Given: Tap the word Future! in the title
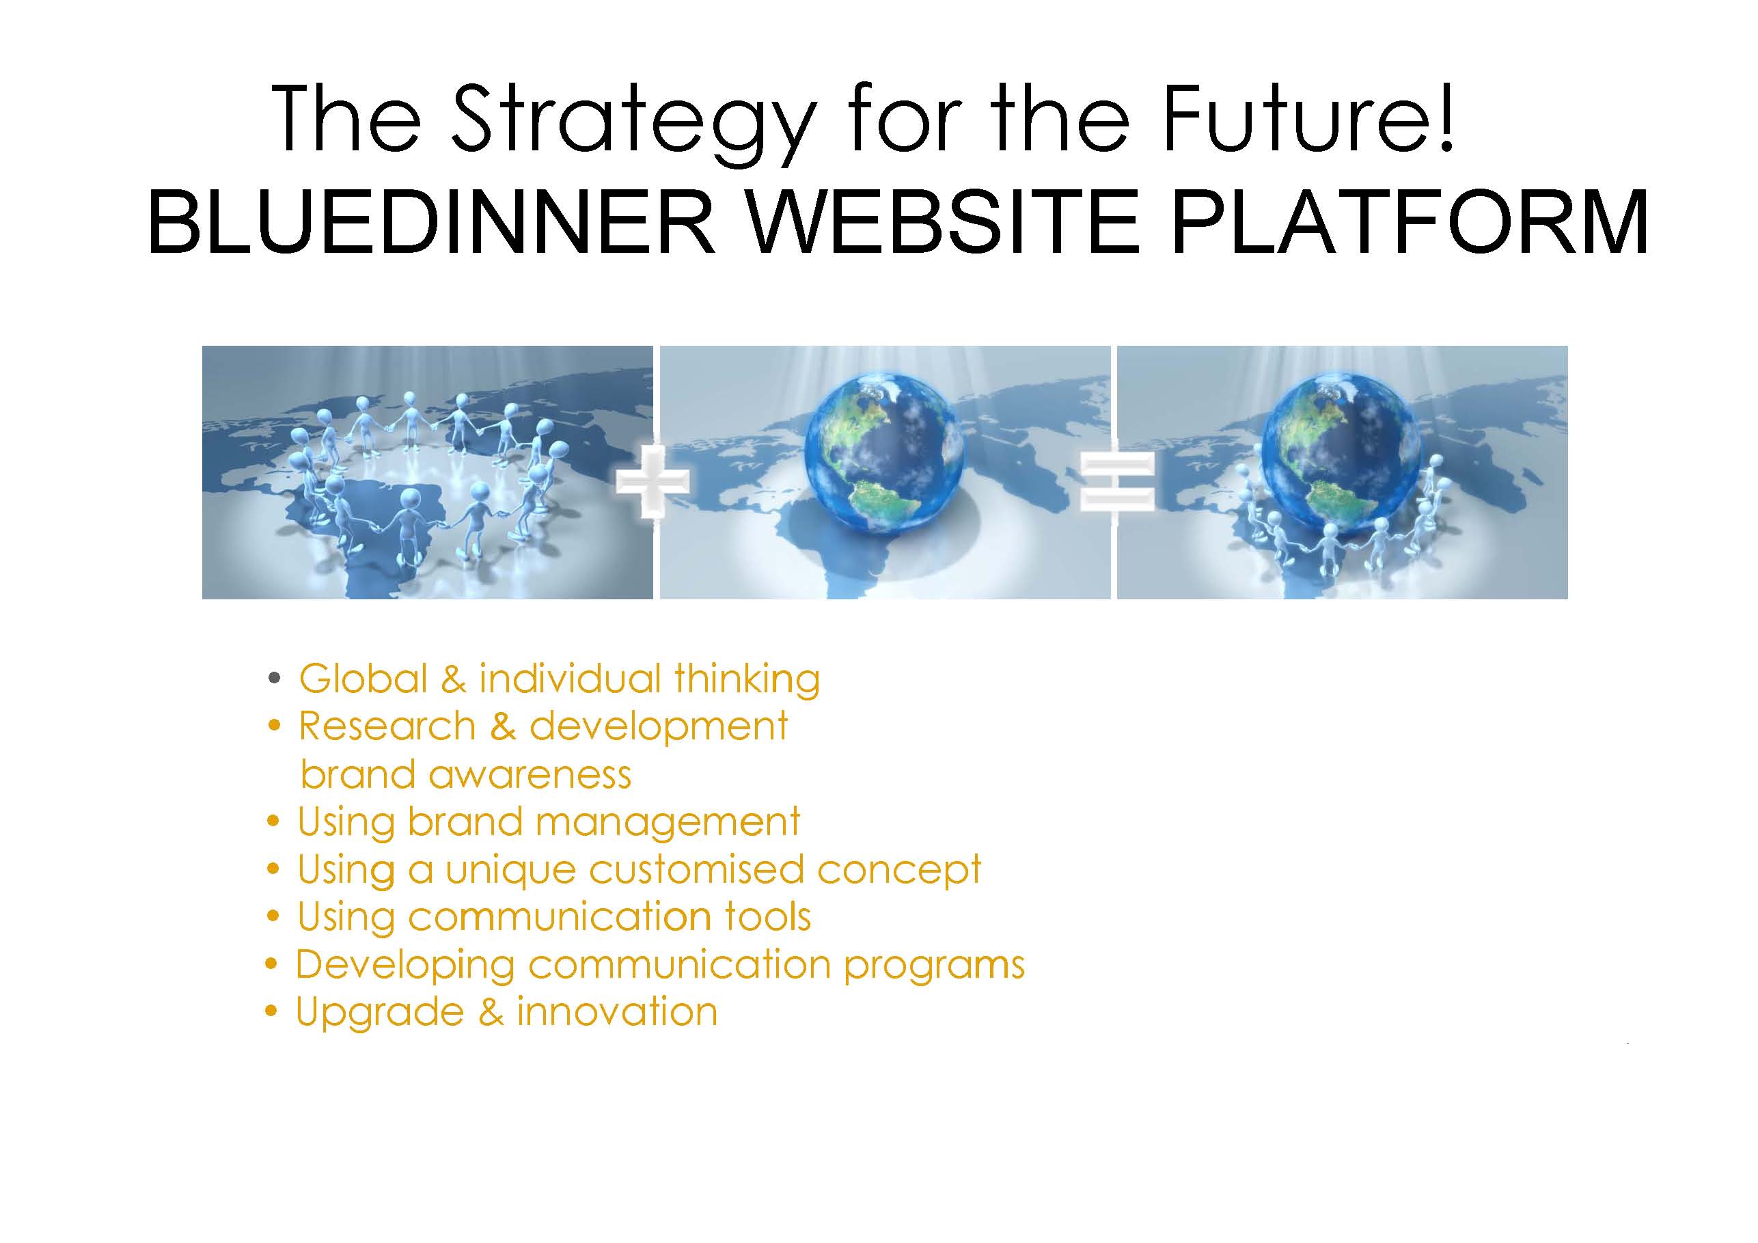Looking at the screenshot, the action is click(x=1307, y=118).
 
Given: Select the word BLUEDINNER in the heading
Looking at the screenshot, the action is click(x=431, y=222).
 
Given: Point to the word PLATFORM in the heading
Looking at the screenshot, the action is click(x=1410, y=222).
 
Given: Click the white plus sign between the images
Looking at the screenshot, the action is click(x=653, y=482).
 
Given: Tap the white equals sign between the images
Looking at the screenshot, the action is click(x=1116, y=482).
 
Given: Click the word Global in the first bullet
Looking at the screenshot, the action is click(x=363, y=679).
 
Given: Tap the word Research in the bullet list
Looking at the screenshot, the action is click(x=387, y=726).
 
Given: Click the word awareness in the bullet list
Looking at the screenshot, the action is click(x=530, y=775).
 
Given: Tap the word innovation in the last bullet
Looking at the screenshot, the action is click(x=617, y=1013).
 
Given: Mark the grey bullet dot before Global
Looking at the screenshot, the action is click(x=274, y=679).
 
